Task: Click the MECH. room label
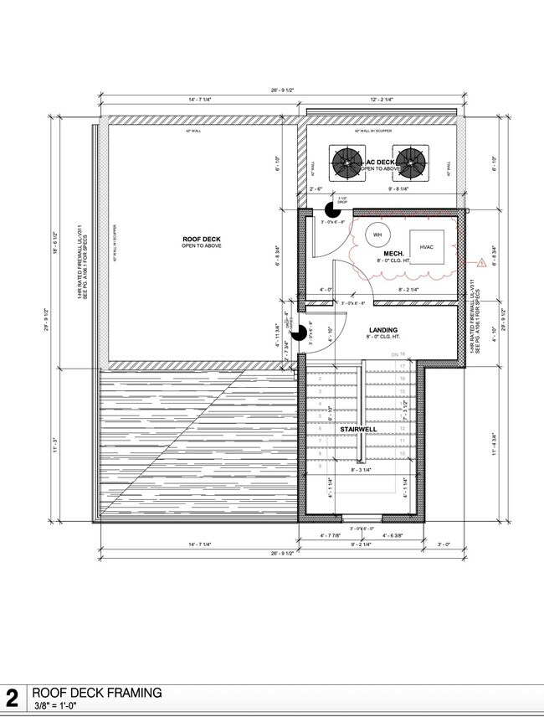[394, 253]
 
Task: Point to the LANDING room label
[382, 330]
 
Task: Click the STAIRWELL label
[358, 429]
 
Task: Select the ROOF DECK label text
[200, 240]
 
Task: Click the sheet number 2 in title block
[13, 699]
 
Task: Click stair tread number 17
[403, 367]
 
